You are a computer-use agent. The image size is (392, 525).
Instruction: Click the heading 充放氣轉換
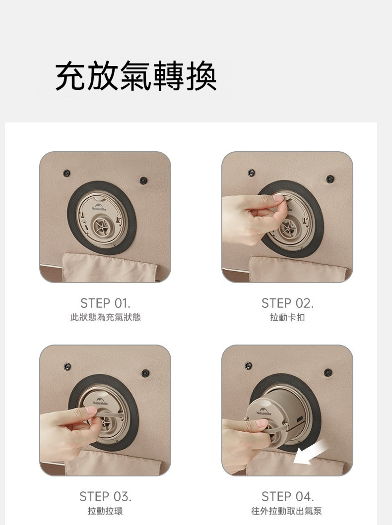tap(135, 76)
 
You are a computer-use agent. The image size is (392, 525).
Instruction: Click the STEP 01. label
tap(105, 303)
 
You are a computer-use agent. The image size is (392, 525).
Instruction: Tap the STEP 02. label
tap(287, 303)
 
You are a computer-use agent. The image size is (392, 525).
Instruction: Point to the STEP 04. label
tap(287, 497)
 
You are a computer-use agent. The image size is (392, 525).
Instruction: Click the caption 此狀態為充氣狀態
tap(106, 317)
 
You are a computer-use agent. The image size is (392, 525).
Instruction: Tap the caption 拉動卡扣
tap(287, 317)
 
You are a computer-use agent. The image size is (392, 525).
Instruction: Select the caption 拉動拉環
tap(105, 511)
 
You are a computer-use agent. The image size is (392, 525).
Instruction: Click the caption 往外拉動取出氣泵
tap(287, 511)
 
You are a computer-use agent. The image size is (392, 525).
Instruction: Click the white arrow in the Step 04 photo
tap(312, 452)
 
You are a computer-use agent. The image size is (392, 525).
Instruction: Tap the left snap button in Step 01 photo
tap(66, 173)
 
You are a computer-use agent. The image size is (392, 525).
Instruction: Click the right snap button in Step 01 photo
tap(143, 180)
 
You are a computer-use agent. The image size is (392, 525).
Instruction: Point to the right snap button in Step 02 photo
tap(330, 179)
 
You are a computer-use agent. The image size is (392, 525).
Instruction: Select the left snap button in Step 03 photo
tap(67, 366)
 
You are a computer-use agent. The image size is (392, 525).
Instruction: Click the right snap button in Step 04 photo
tap(328, 372)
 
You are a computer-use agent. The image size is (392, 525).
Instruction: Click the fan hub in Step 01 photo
tap(102, 228)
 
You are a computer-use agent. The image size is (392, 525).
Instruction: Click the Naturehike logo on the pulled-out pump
tap(264, 411)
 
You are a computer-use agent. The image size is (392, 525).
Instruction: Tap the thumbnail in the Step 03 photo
tap(90, 410)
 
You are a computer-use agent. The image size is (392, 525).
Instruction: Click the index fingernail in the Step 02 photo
tap(278, 198)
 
